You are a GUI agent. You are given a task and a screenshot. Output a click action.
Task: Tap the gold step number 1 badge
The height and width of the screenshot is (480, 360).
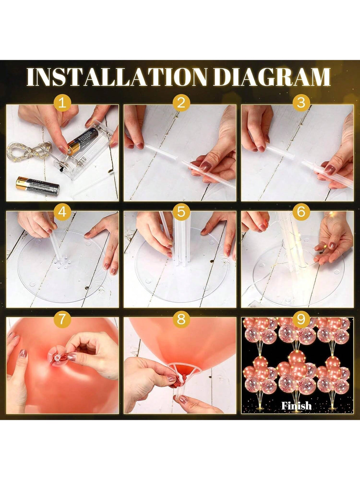pyautogui.click(x=62, y=103)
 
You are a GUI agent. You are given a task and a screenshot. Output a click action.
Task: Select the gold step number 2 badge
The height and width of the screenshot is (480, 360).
pyautogui.click(x=181, y=103)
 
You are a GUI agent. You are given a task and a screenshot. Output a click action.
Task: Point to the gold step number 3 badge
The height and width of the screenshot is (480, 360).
pyautogui.click(x=301, y=103)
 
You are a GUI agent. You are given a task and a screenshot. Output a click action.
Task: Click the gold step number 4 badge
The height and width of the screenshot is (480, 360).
pyautogui.click(x=62, y=212)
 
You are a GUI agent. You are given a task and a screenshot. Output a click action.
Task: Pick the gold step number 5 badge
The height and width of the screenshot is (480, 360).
pyautogui.click(x=181, y=212)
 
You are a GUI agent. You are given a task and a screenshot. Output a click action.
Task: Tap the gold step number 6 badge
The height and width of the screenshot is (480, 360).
pyautogui.click(x=301, y=212)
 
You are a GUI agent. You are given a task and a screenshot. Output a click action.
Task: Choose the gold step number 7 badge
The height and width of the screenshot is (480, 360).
pyautogui.click(x=62, y=319)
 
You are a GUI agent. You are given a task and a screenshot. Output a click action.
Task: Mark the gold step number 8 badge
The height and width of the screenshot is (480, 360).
pyautogui.click(x=181, y=319)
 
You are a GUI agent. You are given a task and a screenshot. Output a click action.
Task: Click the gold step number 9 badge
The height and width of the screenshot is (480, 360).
pyautogui.click(x=301, y=319)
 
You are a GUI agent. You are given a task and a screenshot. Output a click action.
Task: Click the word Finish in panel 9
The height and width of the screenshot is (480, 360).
pyautogui.click(x=296, y=406)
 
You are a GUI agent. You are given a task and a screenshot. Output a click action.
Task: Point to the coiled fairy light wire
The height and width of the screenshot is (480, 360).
pyautogui.click(x=29, y=151)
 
